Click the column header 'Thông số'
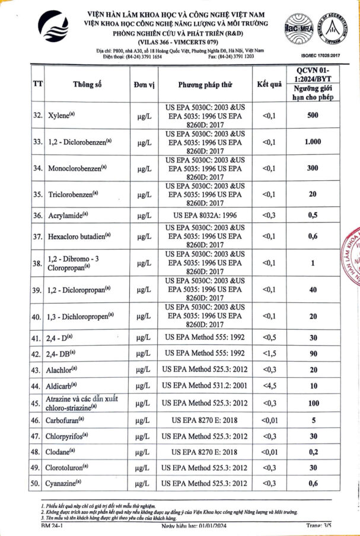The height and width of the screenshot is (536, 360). [x=88, y=84]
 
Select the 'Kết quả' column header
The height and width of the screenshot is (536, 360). [x=269, y=84]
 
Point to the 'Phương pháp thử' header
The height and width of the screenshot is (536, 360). [x=205, y=84]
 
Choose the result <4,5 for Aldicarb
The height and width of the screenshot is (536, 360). [x=269, y=386]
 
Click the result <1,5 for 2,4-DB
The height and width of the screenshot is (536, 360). [x=269, y=353]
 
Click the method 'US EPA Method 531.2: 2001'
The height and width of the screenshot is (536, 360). [x=205, y=386]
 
